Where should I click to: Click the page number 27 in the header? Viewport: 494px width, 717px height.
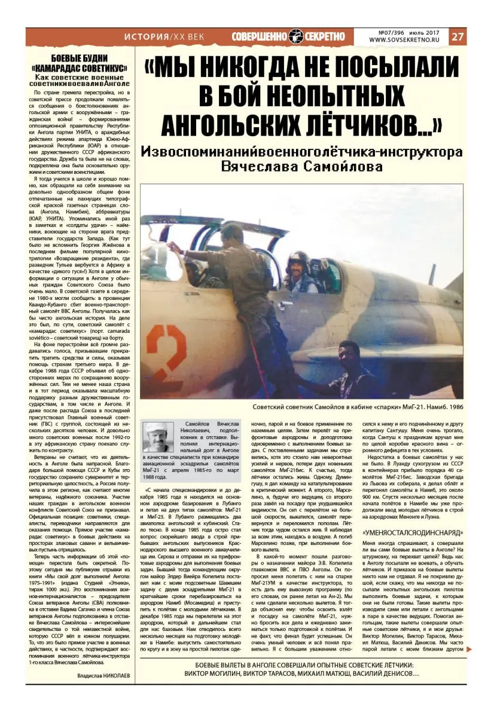pyautogui.click(x=458, y=36)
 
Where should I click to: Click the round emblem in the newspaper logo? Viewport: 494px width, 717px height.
pyautogui.click(x=297, y=36)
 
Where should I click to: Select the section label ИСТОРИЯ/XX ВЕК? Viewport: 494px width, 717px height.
pyautogui.click(x=164, y=36)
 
